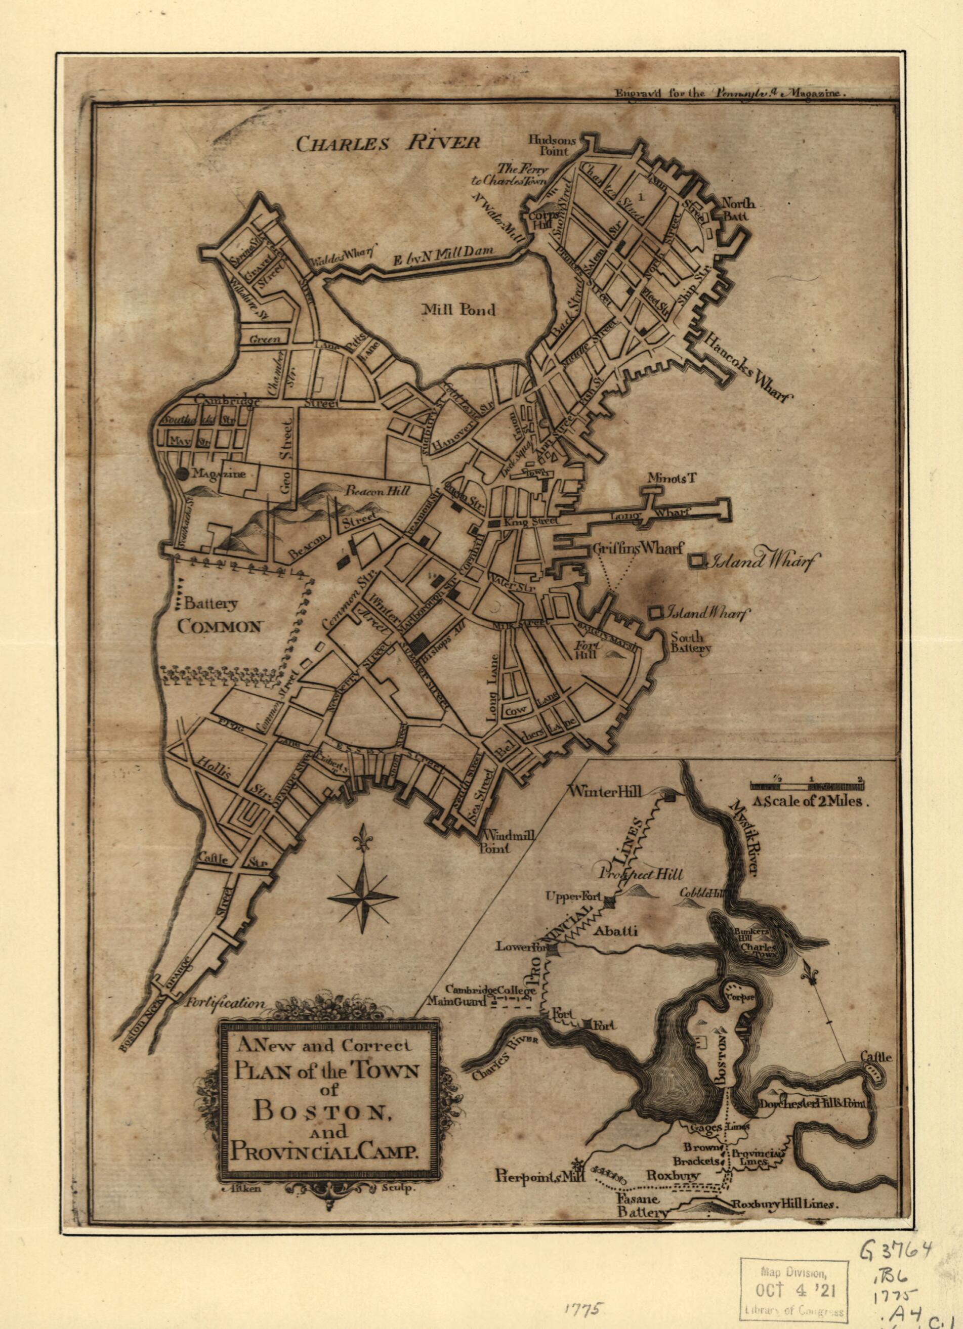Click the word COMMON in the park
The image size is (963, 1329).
pos(219,626)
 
